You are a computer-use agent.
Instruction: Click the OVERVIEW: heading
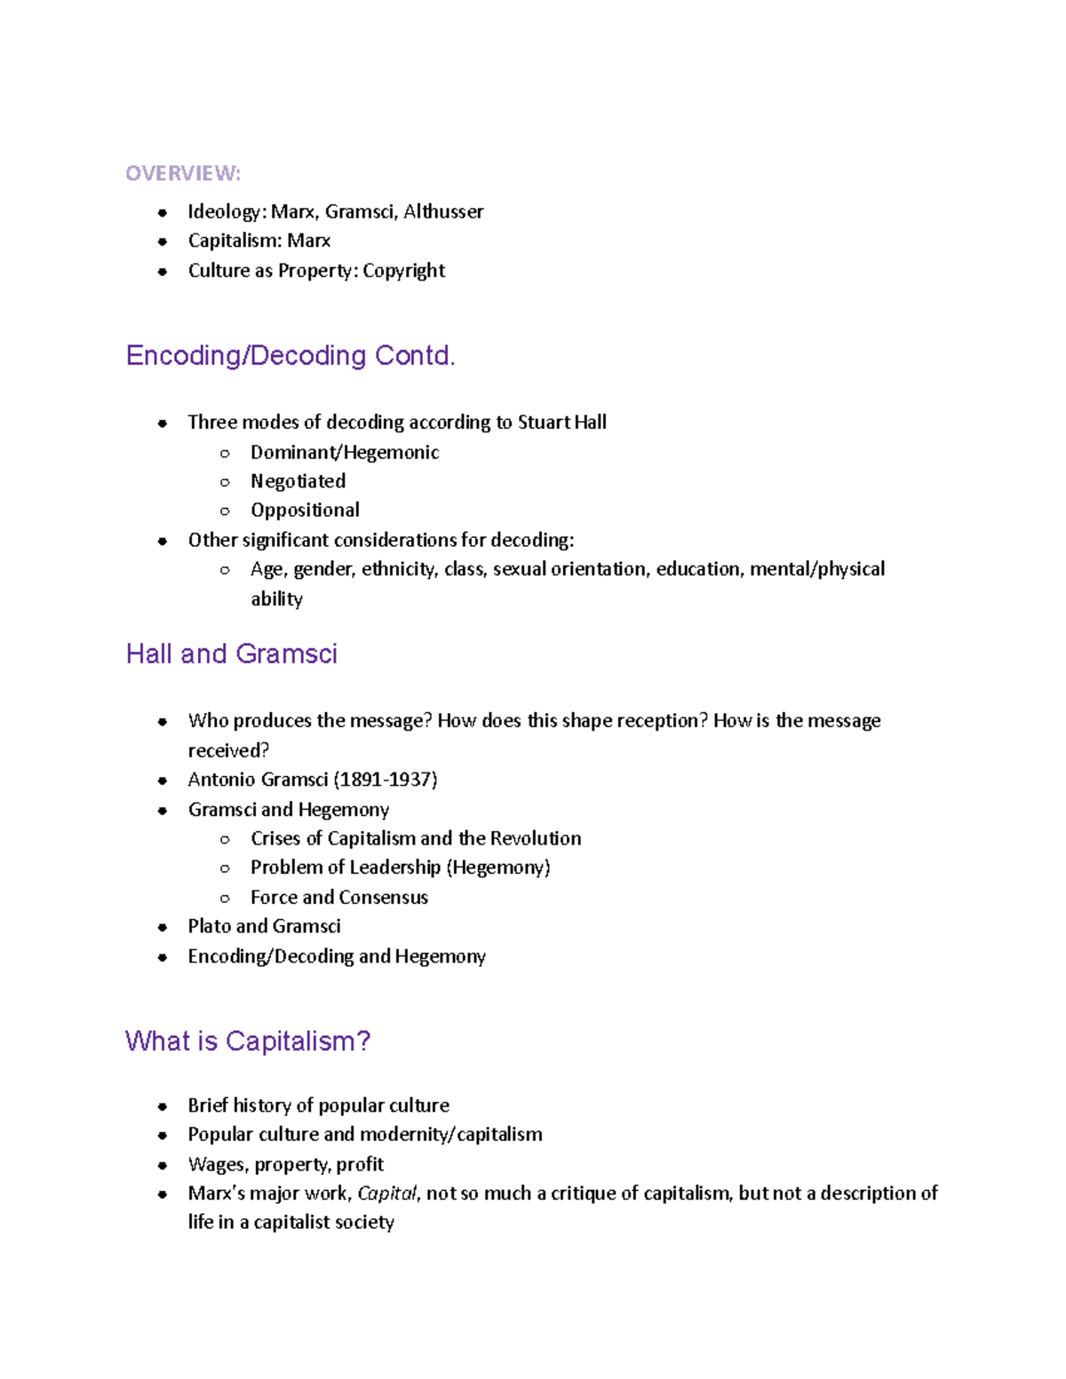click(182, 173)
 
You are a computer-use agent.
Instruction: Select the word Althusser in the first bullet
click(443, 211)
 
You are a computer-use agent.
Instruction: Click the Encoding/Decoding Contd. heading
click(290, 355)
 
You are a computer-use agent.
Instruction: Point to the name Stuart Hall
click(561, 423)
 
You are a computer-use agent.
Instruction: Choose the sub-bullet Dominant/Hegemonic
click(345, 452)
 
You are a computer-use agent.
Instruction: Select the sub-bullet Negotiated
click(298, 481)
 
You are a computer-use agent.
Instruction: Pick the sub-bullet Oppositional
click(305, 511)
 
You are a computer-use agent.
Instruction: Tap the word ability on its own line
click(276, 599)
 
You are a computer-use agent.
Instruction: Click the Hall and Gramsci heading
click(231, 654)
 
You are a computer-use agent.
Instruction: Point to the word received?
click(228, 751)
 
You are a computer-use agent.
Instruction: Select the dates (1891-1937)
click(386, 780)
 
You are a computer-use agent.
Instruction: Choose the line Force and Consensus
click(339, 898)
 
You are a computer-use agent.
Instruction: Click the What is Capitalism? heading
click(248, 1041)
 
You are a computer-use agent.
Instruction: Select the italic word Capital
click(386, 1194)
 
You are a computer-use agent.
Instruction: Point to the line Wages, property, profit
click(285, 1164)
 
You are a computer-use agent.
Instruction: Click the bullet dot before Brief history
click(162, 1106)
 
